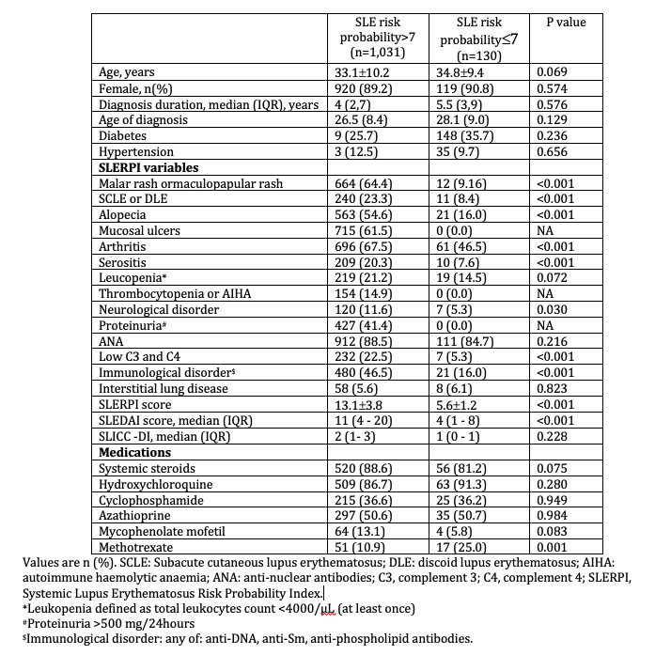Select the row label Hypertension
(137, 151)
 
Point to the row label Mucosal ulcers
(142, 231)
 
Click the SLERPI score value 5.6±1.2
(456, 404)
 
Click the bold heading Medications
(137, 452)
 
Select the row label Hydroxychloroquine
(156, 484)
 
